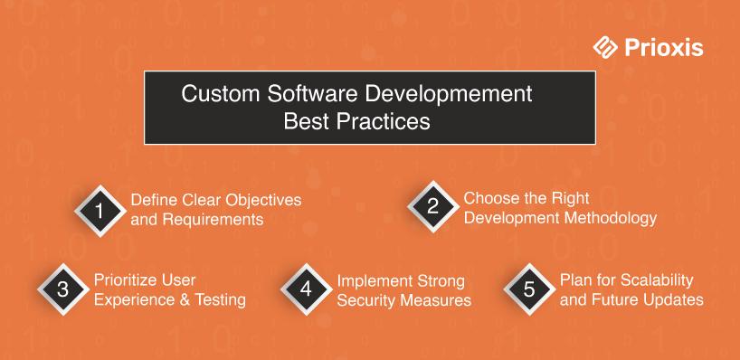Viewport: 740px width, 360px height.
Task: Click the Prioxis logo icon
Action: click(605, 48)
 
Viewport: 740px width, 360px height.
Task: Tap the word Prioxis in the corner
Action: click(663, 48)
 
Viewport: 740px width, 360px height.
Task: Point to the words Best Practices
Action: click(356, 121)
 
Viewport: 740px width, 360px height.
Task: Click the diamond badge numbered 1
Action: click(100, 211)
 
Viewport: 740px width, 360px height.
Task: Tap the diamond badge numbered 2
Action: click(432, 206)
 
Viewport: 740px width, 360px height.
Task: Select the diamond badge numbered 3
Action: click(63, 289)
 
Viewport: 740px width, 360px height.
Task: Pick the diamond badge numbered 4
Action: click(306, 289)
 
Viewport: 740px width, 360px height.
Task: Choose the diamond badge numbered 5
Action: click(529, 289)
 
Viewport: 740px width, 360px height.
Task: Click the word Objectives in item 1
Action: click(263, 200)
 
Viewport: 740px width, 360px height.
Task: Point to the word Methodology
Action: click(612, 218)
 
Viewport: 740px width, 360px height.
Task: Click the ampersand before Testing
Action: click(180, 300)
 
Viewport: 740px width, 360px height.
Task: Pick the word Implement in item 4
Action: click(373, 281)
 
